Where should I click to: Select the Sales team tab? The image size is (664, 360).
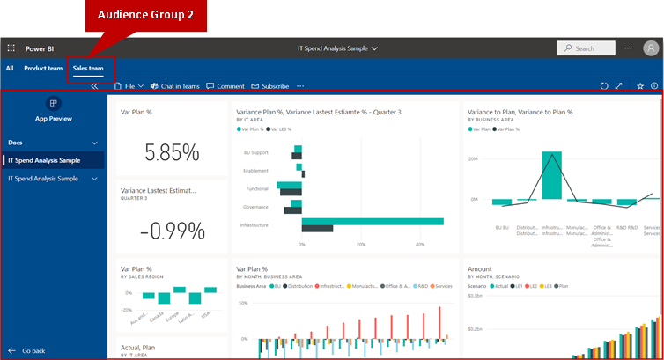(x=88, y=68)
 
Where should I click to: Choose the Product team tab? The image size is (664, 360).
(x=43, y=68)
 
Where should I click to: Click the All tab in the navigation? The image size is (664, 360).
(x=10, y=68)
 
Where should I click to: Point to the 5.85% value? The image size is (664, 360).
(x=172, y=153)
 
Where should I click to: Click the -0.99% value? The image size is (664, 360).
(x=172, y=231)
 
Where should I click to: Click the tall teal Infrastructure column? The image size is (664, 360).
(x=552, y=176)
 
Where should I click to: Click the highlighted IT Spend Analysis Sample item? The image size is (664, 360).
(x=53, y=160)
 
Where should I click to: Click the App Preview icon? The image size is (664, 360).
(x=53, y=104)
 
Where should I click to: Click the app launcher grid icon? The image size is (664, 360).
(x=11, y=48)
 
